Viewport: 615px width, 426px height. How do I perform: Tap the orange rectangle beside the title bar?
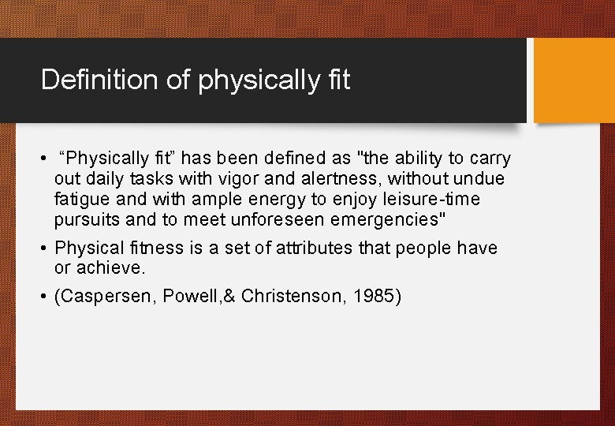pyautogui.click(x=574, y=80)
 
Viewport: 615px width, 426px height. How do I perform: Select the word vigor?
pyautogui.click(x=245, y=179)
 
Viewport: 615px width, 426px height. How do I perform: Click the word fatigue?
pyautogui.click(x=83, y=200)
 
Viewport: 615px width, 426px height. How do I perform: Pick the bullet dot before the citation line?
pyautogui.click(x=44, y=297)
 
